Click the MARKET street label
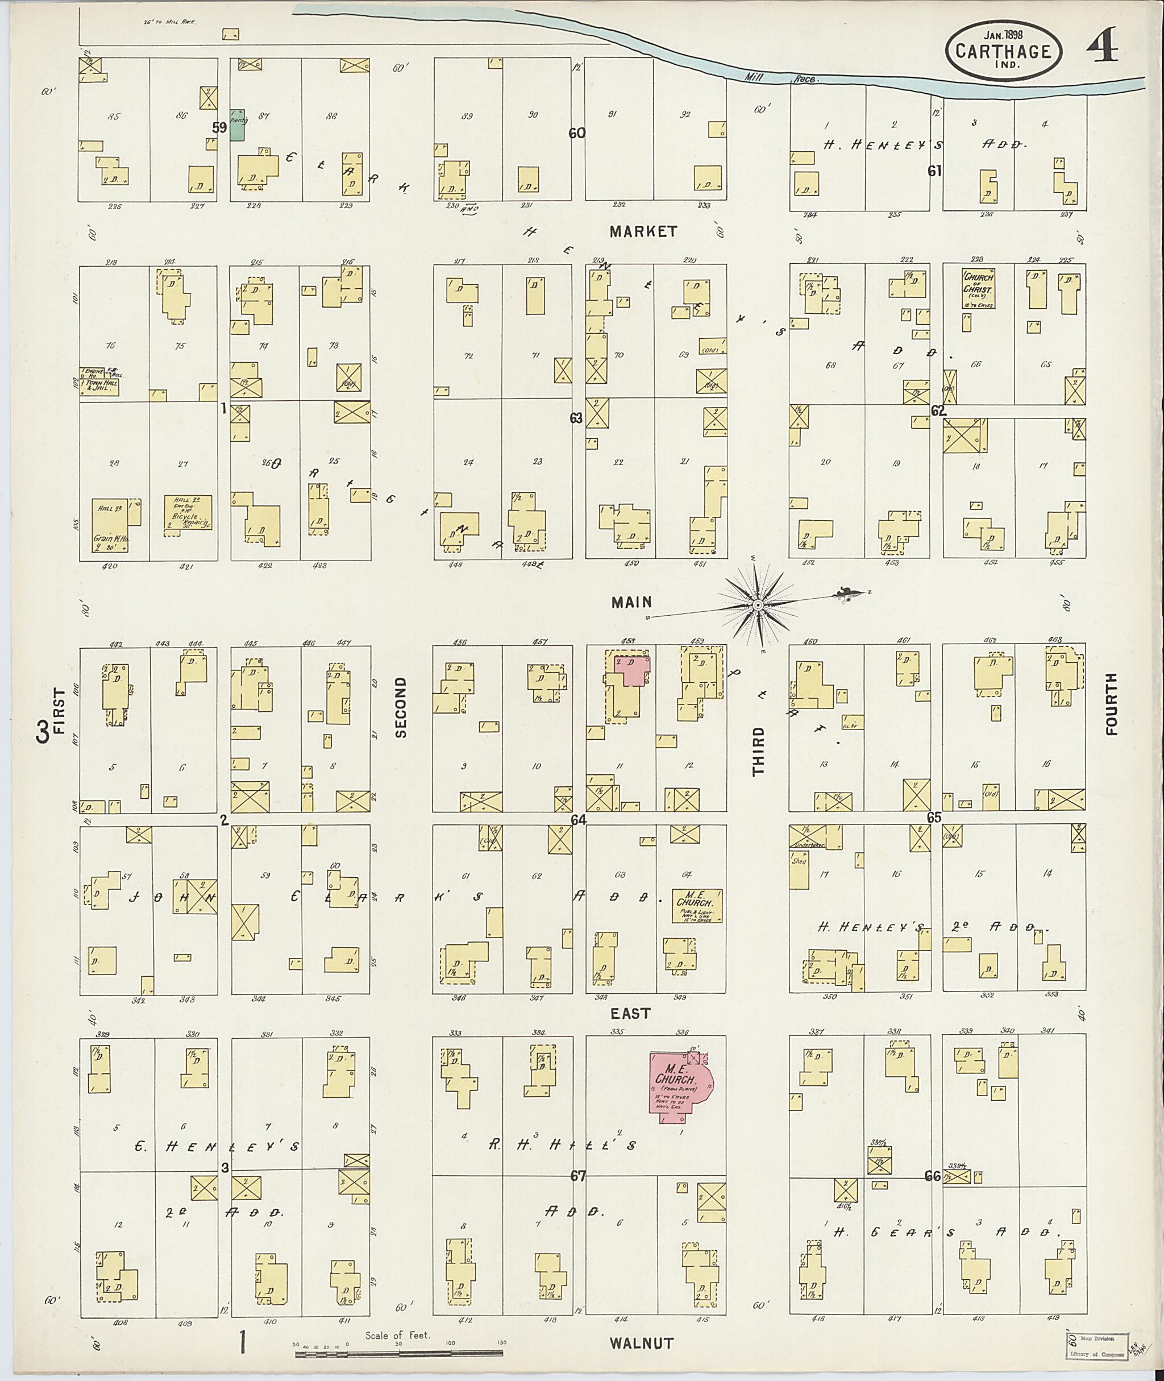tap(643, 231)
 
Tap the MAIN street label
tap(631, 602)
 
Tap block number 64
tap(579, 819)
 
